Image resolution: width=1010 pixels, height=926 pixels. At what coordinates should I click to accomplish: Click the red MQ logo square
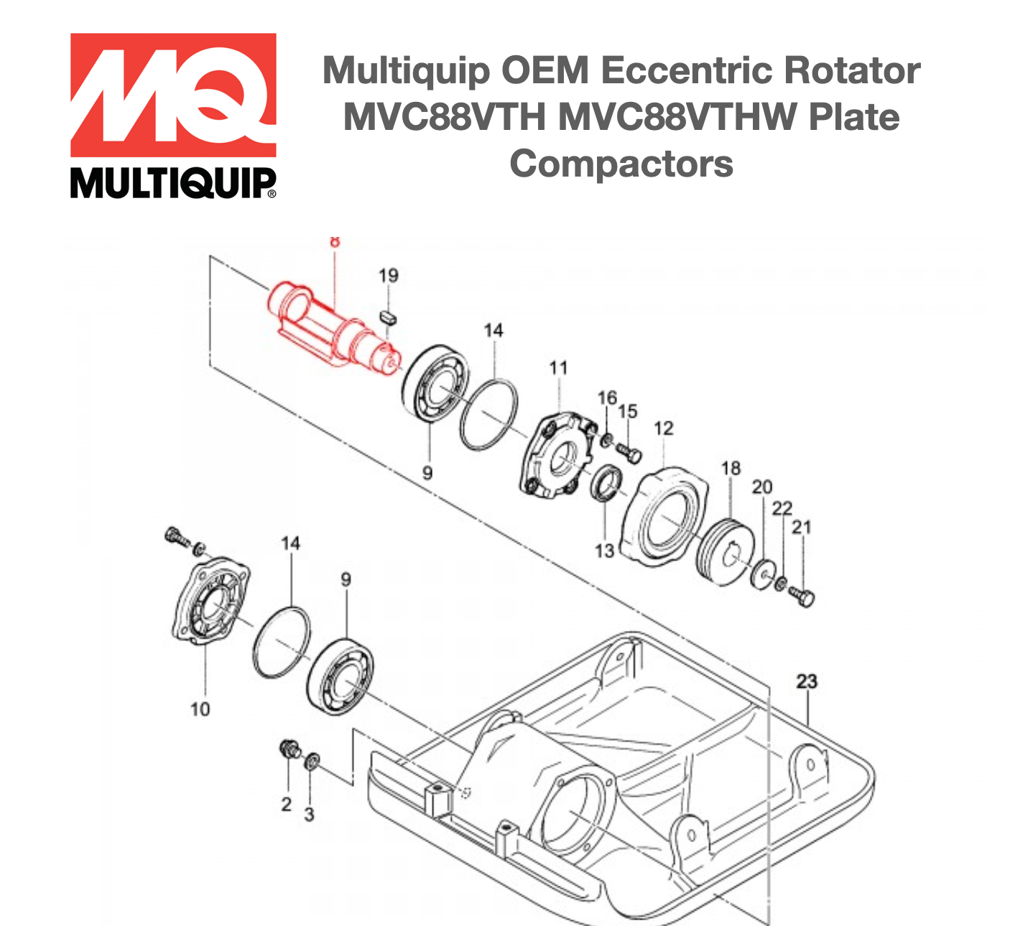pos(173,95)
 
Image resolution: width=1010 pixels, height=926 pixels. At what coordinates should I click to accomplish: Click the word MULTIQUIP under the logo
pos(173,184)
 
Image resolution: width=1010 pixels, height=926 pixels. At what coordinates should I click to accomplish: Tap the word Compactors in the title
pos(621,164)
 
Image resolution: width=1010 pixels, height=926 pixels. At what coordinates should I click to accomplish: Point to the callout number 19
pos(388,276)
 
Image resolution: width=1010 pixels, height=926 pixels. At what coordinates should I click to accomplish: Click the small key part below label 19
pos(389,316)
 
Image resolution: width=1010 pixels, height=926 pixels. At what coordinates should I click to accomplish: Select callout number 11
pos(558,368)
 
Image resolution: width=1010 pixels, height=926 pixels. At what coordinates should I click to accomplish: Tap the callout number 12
pos(663,429)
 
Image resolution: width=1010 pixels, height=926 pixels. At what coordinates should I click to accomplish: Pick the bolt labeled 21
pos(803,595)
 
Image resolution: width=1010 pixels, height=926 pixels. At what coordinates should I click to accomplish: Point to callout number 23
pos(807,681)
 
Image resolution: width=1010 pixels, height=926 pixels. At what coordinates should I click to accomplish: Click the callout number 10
pos(200,709)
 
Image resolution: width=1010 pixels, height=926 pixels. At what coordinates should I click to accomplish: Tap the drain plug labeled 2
pos(289,750)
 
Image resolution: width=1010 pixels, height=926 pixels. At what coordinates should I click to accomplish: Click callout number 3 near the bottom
pos(309,814)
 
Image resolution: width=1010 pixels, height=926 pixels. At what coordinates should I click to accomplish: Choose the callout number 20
pos(761,487)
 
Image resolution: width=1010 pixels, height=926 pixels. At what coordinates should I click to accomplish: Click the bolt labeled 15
pos(630,453)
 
